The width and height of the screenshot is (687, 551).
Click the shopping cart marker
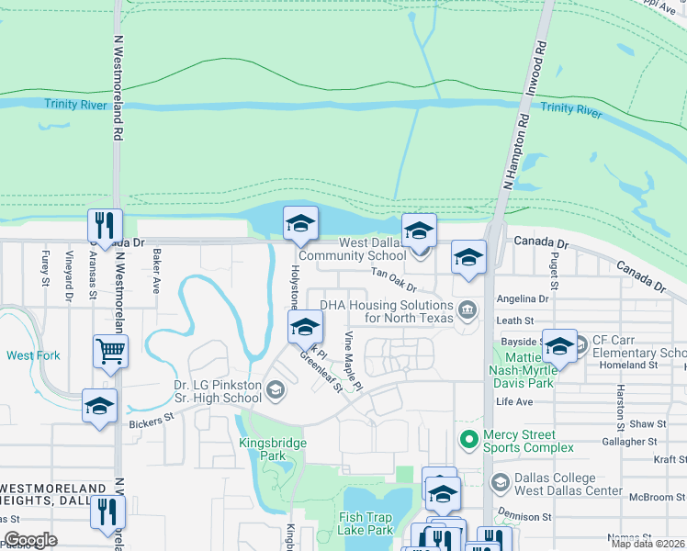(110, 350)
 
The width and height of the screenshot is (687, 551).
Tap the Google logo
(30, 540)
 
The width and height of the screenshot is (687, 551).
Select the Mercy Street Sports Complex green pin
(469, 441)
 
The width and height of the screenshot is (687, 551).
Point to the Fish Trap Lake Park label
(366, 523)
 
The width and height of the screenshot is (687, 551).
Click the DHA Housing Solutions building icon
(467, 309)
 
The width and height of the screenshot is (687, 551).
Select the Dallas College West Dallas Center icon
(501, 482)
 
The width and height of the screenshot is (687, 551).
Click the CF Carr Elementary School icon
(580, 345)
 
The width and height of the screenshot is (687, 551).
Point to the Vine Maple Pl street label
(352, 361)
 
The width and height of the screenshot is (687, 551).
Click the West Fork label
(34, 355)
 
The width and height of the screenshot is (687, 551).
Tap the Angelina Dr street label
(522, 298)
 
